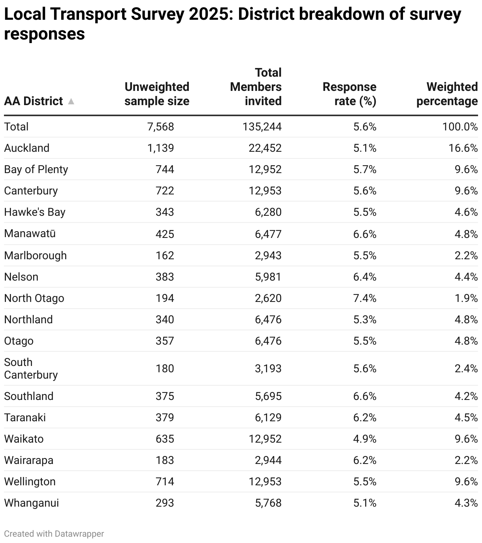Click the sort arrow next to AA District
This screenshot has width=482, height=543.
(x=71, y=102)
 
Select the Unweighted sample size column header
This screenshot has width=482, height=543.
(x=157, y=94)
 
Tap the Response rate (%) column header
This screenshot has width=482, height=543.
(x=349, y=94)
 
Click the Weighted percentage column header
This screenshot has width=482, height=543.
(x=447, y=94)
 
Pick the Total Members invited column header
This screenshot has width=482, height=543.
(x=256, y=87)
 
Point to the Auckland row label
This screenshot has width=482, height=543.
(x=27, y=148)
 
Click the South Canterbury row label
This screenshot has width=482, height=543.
(x=31, y=369)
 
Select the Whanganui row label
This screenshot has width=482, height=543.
(x=32, y=503)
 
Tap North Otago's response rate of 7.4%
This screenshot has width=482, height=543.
(x=365, y=298)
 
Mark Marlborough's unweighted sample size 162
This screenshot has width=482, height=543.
(x=165, y=256)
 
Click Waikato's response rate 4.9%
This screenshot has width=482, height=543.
(x=365, y=439)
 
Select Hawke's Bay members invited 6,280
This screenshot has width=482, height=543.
(x=268, y=212)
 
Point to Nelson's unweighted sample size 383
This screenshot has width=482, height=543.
(x=165, y=277)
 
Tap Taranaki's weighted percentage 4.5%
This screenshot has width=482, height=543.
(x=466, y=418)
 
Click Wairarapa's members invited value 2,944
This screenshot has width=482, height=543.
(x=268, y=460)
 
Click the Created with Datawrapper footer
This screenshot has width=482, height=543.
(x=54, y=534)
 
